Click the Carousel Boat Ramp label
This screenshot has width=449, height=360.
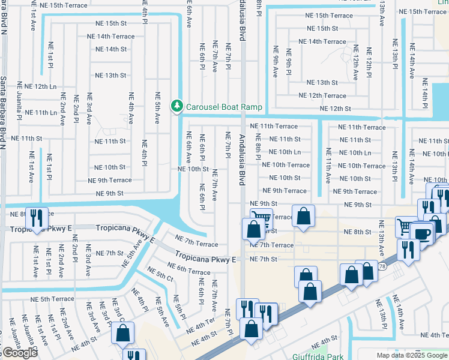click(224, 107)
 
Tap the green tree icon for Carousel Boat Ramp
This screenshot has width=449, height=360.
click(176, 106)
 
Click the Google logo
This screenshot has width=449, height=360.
click(19, 353)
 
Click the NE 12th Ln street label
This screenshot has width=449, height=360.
click(37, 86)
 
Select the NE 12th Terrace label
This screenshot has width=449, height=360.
click(323, 95)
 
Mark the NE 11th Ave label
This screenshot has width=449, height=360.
click(328, 165)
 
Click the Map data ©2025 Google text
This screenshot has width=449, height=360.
click(412, 355)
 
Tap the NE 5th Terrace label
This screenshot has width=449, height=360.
click(53, 298)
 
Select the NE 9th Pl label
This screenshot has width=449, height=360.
click(289, 60)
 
